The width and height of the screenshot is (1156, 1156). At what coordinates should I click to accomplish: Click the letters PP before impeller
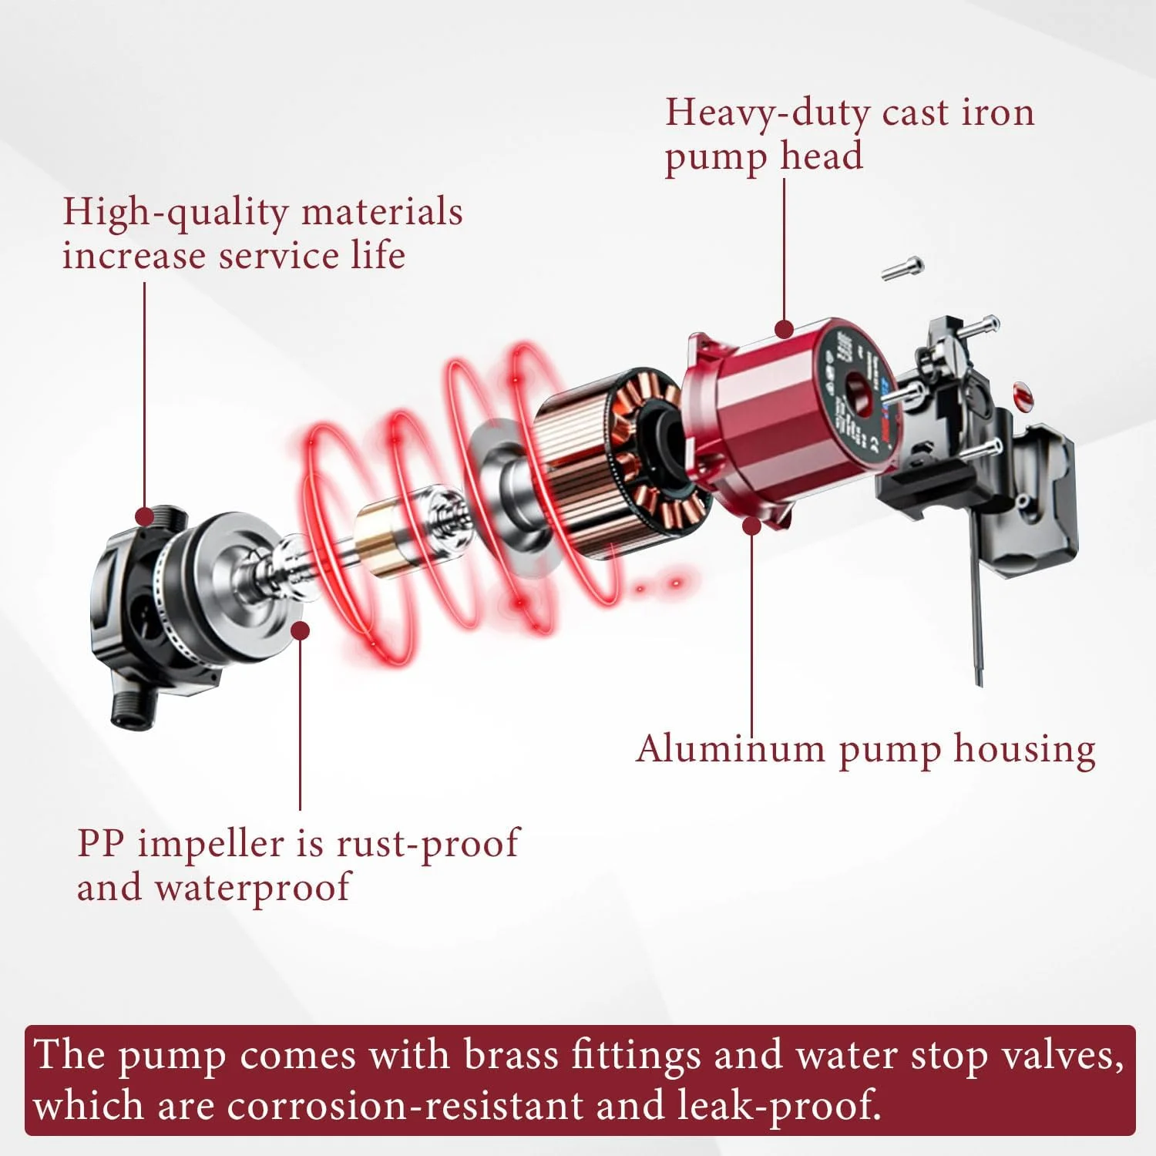coord(100,843)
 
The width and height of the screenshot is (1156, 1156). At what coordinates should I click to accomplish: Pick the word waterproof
coord(253,889)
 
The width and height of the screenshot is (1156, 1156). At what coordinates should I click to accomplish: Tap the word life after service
coord(378,255)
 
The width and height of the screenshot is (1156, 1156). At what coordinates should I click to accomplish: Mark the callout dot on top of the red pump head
coord(784,330)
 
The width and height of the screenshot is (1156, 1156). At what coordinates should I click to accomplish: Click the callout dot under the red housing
coord(751,526)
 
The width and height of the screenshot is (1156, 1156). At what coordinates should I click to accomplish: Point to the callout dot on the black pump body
coord(144,516)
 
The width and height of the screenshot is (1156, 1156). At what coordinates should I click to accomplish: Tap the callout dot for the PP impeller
coord(301,631)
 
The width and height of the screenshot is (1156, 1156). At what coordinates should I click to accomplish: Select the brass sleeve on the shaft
coord(381,538)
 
